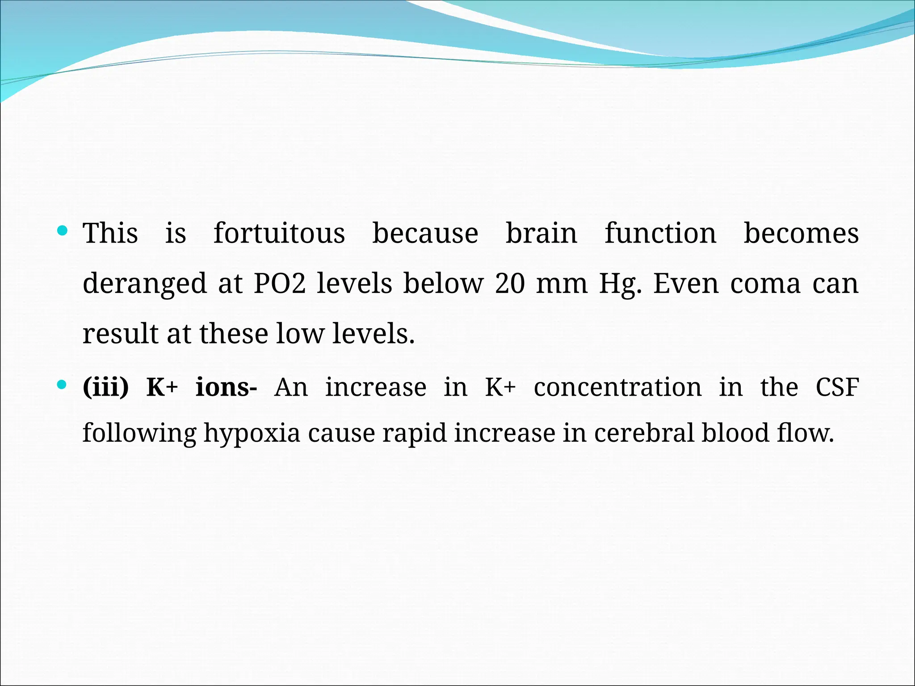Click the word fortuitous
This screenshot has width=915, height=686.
click(x=279, y=233)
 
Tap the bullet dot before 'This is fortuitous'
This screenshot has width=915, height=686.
click(x=63, y=231)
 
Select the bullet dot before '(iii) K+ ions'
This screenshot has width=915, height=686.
click(x=63, y=385)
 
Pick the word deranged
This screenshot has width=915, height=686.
click(x=145, y=284)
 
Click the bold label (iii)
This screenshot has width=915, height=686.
click(x=106, y=387)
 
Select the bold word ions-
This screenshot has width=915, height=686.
click(x=226, y=387)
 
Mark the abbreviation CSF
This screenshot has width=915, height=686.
click(x=837, y=387)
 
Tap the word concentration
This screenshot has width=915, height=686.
click(x=617, y=387)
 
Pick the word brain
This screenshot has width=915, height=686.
click(x=541, y=233)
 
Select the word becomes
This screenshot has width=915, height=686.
click(x=801, y=233)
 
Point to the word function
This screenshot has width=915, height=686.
click(x=660, y=233)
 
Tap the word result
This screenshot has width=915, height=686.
click(x=121, y=334)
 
